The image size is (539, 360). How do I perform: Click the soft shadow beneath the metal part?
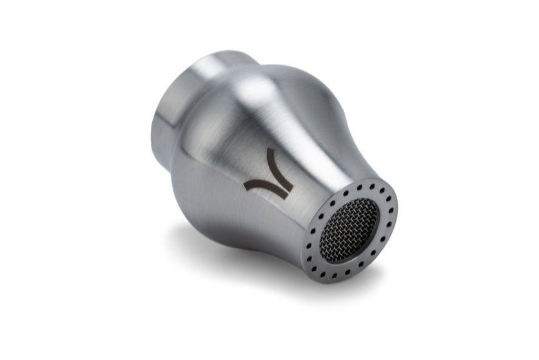click(x=213, y=245)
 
